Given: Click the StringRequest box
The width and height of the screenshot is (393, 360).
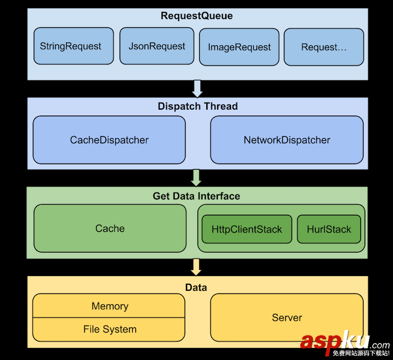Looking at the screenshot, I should [x=74, y=46].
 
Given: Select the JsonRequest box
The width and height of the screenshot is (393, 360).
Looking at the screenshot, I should [x=157, y=46].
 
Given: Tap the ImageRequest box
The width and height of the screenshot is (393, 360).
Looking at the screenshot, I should [x=239, y=47].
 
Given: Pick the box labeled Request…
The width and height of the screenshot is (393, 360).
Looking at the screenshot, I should [x=324, y=47].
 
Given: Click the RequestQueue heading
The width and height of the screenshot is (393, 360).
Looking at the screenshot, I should [x=196, y=16].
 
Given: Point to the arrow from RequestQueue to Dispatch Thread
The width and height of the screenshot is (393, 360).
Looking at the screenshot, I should [x=197, y=88].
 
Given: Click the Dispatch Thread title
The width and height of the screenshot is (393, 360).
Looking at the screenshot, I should [x=198, y=106].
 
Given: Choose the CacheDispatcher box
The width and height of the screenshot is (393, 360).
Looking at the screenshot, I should [x=109, y=140].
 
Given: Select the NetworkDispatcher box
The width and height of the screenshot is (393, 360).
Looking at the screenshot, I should [x=287, y=140].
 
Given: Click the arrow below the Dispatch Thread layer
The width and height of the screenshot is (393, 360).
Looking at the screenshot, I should [x=196, y=177].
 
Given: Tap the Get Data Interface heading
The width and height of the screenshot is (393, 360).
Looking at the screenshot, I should [x=196, y=196].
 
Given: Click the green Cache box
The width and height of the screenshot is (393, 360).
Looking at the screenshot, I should [x=110, y=229].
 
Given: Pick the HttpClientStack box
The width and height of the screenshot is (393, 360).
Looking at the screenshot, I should [x=247, y=229].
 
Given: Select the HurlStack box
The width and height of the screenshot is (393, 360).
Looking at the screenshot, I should [x=329, y=229].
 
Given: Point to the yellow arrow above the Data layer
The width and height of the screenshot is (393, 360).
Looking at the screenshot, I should [x=196, y=267].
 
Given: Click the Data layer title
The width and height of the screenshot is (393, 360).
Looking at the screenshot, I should [x=196, y=287].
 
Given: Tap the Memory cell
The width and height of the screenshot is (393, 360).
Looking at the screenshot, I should [x=109, y=306].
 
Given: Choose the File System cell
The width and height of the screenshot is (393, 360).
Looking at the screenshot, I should [x=109, y=329].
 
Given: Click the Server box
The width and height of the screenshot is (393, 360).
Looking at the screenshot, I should [x=287, y=317].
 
